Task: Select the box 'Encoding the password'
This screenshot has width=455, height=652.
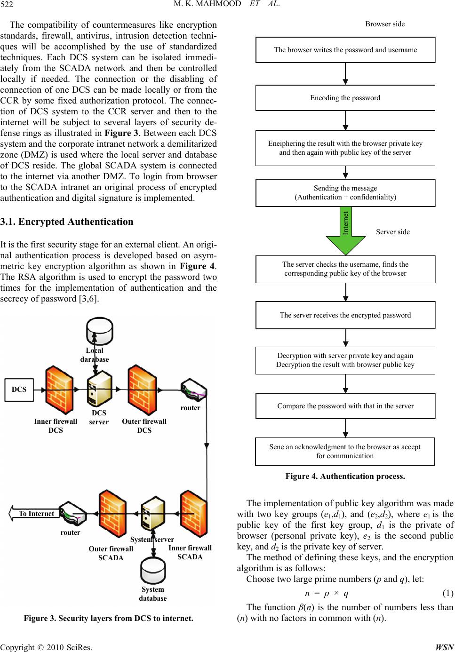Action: (x=345, y=98)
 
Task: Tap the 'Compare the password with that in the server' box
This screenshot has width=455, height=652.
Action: (x=345, y=406)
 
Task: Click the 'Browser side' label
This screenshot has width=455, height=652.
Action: (x=385, y=24)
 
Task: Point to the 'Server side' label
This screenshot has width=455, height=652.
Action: (x=393, y=232)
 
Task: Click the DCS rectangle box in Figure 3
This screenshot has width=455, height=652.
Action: (x=19, y=390)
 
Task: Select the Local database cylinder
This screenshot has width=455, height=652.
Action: (x=100, y=332)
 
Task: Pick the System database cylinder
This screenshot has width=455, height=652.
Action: (x=153, y=570)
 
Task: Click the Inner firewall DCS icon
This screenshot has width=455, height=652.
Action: (x=59, y=390)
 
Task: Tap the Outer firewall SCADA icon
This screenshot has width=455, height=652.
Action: (x=112, y=514)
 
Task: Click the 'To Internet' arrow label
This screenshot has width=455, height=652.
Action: (x=36, y=514)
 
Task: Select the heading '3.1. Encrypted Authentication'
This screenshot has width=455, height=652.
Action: (x=67, y=222)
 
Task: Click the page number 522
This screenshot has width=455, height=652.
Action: (x=7, y=4)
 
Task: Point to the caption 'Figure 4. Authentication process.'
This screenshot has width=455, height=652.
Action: (x=345, y=476)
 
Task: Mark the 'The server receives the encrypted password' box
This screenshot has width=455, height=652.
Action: (x=345, y=315)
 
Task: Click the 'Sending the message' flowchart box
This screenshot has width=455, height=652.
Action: (x=345, y=193)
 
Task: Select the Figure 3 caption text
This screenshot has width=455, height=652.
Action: (x=108, y=618)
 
